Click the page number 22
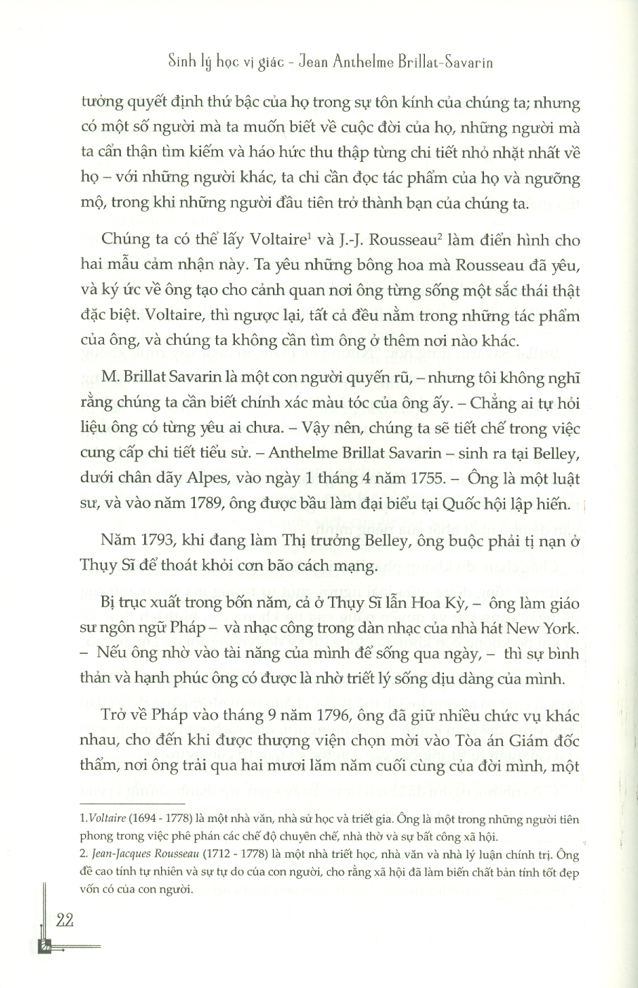point(63,921)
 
